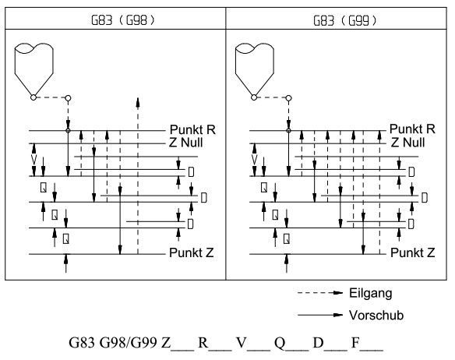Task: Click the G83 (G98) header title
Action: [123, 20]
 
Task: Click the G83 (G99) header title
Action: [344, 20]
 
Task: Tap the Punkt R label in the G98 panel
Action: [192, 129]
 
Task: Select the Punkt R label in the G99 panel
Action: [412, 129]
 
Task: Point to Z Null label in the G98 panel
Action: [185, 143]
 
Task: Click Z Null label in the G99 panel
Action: [407, 143]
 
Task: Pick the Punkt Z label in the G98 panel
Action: [192, 252]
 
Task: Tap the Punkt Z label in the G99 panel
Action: [413, 252]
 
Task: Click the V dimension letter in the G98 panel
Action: [34, 160]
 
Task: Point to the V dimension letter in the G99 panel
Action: [255, 160]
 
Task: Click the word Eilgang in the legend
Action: [371, 293]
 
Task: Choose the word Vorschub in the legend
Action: [376, 316]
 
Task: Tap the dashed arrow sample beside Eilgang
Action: [320, 293]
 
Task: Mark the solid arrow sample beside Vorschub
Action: [320, 315]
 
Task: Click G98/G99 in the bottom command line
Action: [129, 343]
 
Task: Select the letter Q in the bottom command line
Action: [280, 343]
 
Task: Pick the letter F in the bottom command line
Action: [355, 343]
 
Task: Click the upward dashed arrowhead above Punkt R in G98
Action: [138, 103]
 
